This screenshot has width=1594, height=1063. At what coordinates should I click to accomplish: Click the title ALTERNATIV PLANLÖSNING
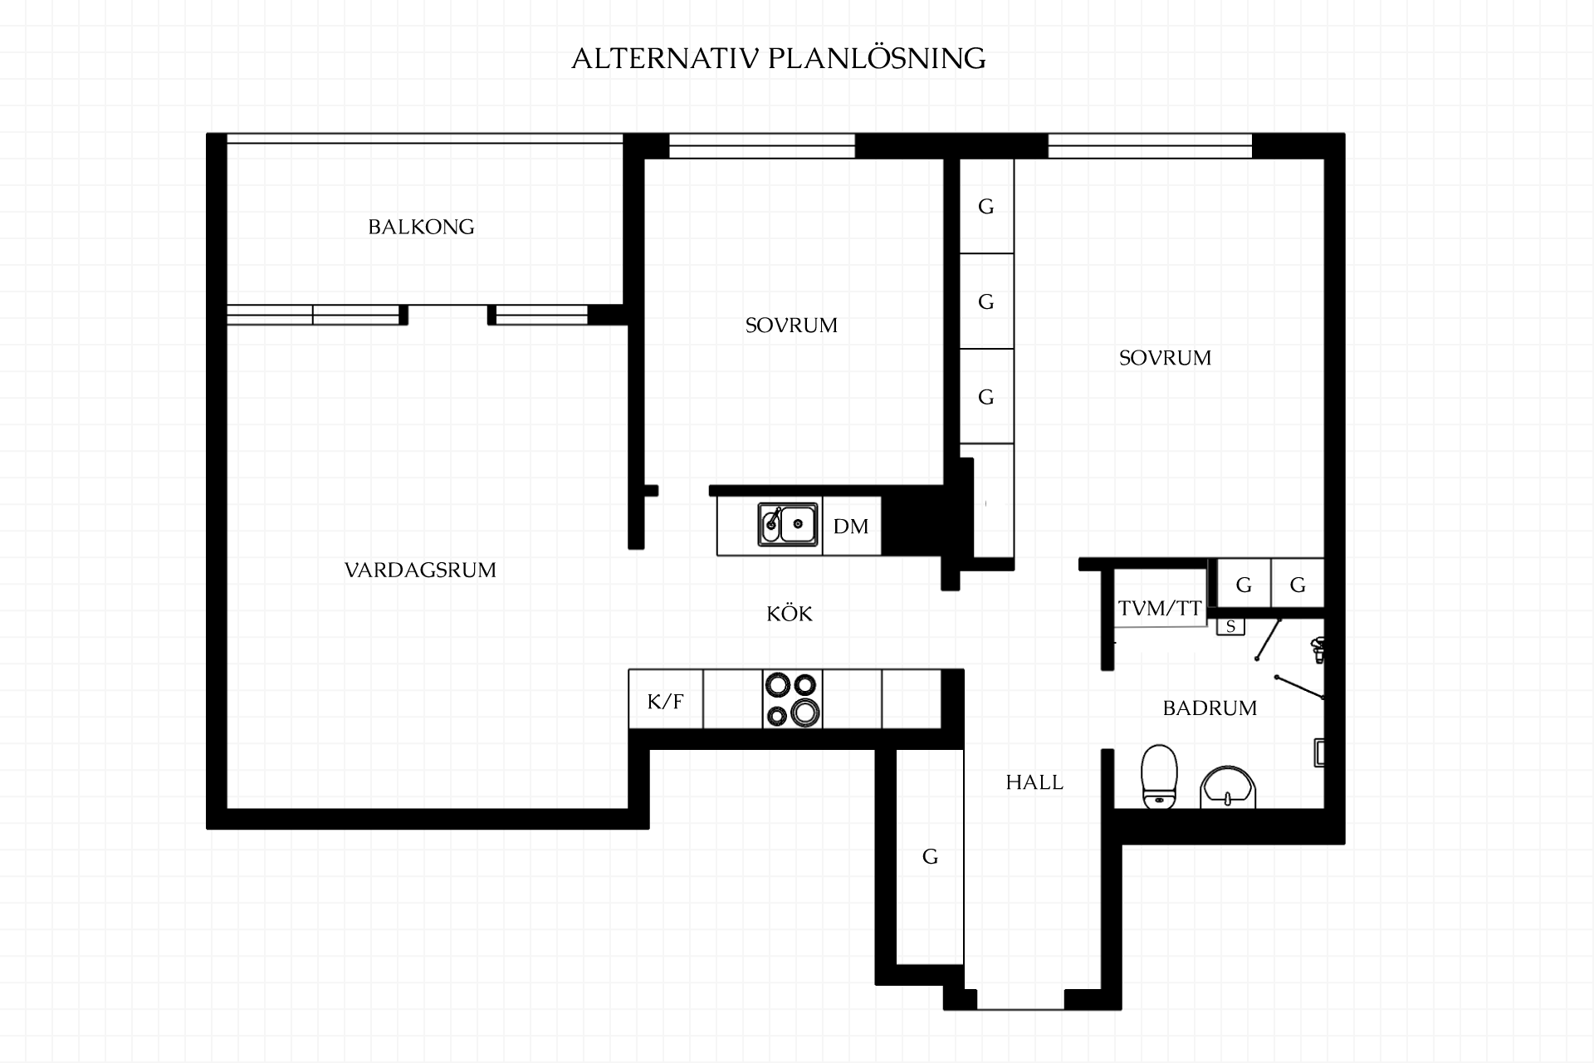tap(779, 58)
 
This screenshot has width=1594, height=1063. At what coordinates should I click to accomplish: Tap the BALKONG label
tap(421, 227)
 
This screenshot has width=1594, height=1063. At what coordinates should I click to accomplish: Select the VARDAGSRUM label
tap(420, 570)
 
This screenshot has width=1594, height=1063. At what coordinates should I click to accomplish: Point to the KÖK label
tap(790, 614)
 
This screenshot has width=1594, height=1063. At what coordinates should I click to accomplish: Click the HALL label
tap(1034, 782)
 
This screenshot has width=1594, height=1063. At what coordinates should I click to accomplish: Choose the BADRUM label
tap(1210, 708)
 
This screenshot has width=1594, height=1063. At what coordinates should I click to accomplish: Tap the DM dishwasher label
tap(851, 526)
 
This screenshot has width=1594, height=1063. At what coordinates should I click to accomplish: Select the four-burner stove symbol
tap(792, 699)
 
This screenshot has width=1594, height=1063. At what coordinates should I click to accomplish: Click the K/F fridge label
tap(665, 702)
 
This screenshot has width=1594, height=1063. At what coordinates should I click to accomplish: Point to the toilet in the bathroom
tap(1160, 776)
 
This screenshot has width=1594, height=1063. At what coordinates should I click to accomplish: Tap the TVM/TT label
tap(1160, 609)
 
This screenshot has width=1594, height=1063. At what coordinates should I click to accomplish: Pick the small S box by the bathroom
tap(1230, 626)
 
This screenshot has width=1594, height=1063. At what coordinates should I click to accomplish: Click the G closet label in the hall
tap(930, 856)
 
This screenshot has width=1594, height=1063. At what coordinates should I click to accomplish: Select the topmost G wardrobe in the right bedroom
tap(986, 206)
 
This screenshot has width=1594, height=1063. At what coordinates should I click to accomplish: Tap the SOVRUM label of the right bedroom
tap(1165, 358)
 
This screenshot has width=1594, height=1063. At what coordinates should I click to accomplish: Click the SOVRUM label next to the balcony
tap(791, 326)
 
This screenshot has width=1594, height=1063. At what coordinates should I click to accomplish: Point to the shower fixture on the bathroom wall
tap(1318, 649)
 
